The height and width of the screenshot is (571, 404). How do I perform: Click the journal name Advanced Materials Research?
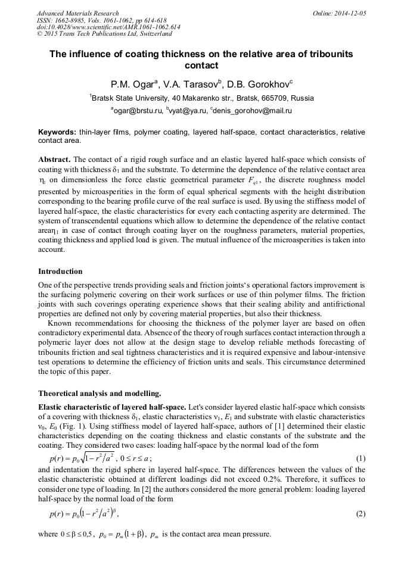pos(77,13)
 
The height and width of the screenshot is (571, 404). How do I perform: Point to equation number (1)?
pos(360,458)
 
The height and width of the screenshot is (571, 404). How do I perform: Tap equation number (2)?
pos(360,513)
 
